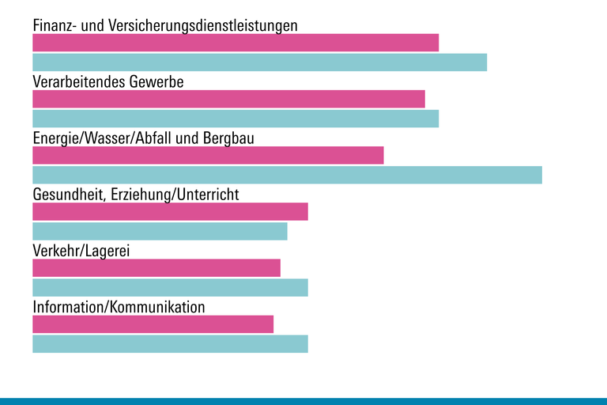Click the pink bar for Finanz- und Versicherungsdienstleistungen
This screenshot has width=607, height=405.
pos(236,43)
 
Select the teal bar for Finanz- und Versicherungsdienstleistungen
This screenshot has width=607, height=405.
pos(259,62)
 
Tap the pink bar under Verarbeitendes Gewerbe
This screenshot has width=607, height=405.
pos(228,99)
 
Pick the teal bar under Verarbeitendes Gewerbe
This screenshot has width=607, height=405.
pos(236,118)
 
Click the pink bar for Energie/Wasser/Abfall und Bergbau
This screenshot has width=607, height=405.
pos(208,155)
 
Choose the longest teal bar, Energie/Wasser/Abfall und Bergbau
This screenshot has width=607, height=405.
pos(287,175)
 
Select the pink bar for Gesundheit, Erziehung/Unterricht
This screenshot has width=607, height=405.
pos(170,211)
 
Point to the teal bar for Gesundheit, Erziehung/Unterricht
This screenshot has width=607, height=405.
pos(160,231)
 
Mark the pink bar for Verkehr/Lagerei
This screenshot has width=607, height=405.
pos(156,267)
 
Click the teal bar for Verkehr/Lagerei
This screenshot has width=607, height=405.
pos(170,287)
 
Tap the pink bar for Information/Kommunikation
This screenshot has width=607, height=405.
pos(153,324)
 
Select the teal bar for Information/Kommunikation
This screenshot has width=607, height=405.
pos(170,343)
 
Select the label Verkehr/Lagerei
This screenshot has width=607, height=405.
pos(81,251)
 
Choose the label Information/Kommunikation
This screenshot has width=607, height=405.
pos(119,307)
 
